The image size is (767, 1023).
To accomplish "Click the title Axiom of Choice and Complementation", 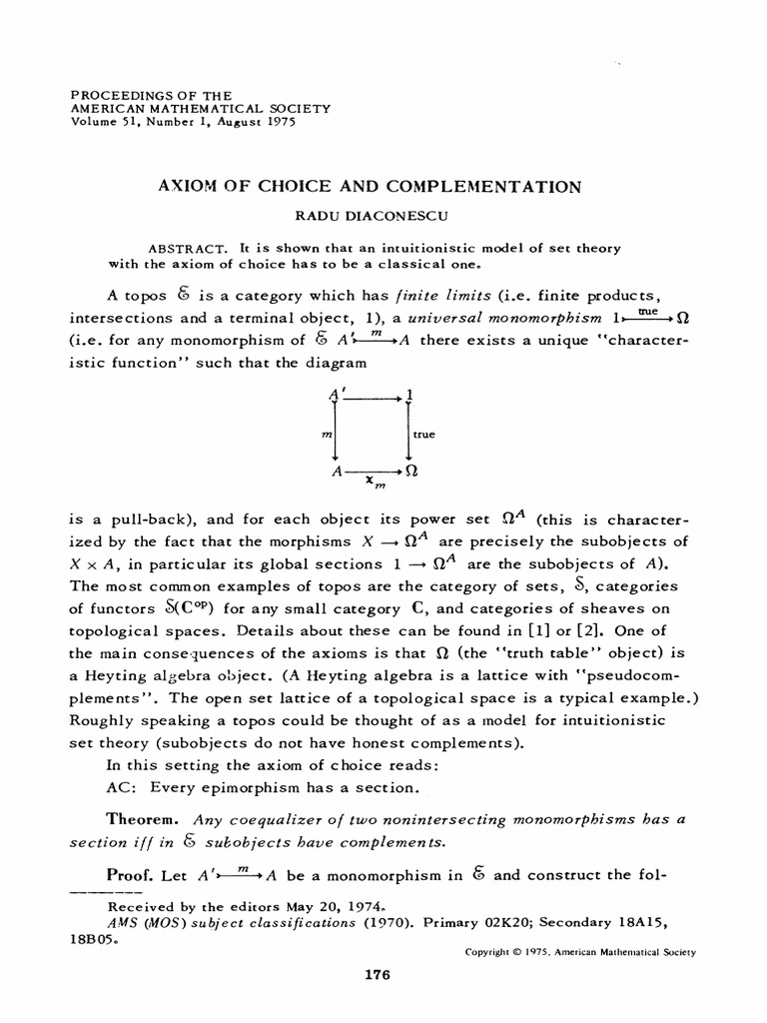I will point(383,186).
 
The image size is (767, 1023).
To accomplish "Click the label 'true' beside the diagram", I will point(423,435).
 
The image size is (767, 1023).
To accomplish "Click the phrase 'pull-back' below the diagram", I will point(165,519).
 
